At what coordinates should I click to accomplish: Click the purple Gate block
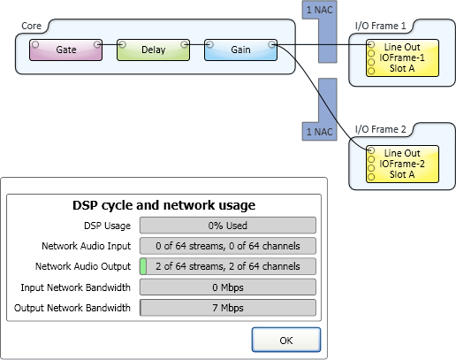(66, 50)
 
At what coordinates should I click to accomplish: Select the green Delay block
(153, 50)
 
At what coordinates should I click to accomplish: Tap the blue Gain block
(240, 50)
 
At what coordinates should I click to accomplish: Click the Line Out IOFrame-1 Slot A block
(402, 57)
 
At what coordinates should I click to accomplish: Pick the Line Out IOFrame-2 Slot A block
(402, 164)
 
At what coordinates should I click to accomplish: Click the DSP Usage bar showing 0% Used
(228, 226)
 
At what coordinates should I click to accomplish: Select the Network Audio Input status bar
(228, 246)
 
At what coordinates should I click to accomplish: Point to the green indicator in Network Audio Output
(143, 266)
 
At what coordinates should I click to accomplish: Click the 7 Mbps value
(228, 308)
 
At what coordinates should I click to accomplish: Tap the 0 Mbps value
(228, 287)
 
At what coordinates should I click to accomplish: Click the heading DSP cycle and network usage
(163, 205)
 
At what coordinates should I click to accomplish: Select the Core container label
(31, 26)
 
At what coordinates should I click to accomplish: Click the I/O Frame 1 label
(380, 26)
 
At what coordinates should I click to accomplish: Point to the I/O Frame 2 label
(380, 129)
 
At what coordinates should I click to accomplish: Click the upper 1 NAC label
(320, 10)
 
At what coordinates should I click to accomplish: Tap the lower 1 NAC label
(320, 132)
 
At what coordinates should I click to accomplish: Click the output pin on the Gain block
(272, 44)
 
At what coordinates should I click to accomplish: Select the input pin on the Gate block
(35, 44)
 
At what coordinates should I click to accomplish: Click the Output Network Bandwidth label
(72, 308)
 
